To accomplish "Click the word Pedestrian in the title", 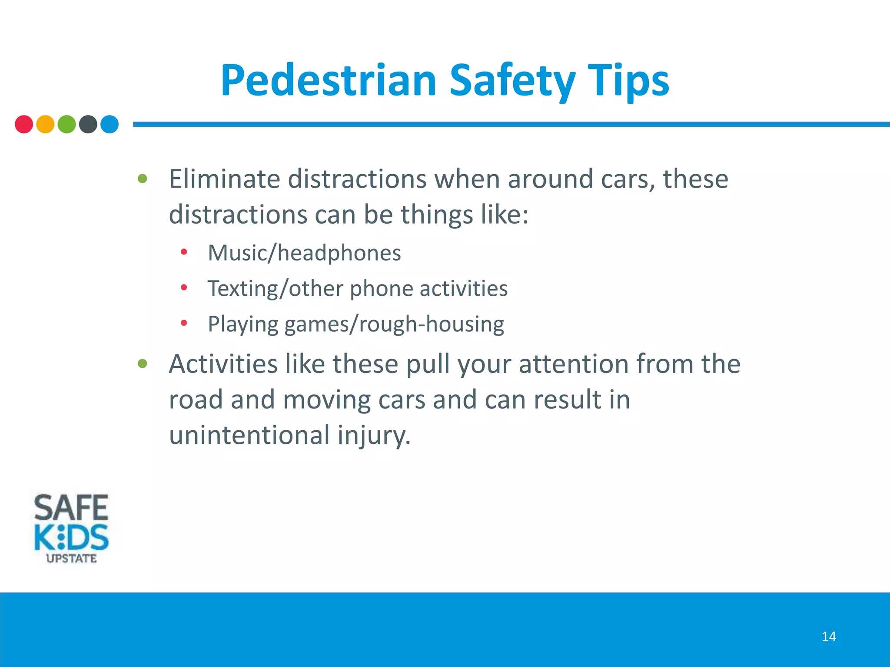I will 329,80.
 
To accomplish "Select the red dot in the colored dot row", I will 24,124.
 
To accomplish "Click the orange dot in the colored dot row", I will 45,124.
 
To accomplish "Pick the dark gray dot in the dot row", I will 88,124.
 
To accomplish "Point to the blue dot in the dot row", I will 110,124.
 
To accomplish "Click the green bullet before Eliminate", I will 143,178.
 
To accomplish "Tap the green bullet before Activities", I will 143,363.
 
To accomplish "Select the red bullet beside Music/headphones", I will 184,252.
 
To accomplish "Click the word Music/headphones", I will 304,253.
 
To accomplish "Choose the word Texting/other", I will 276,288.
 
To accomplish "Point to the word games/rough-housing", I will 394,324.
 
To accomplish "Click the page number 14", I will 829,637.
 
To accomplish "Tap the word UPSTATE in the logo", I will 71,558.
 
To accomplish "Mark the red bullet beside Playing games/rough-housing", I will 184,323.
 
